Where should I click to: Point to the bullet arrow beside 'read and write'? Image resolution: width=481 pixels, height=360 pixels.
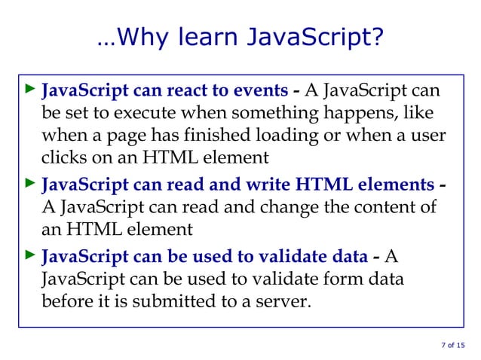[29, 183]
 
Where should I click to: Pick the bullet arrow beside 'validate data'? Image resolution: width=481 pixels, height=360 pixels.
[29, 257]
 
